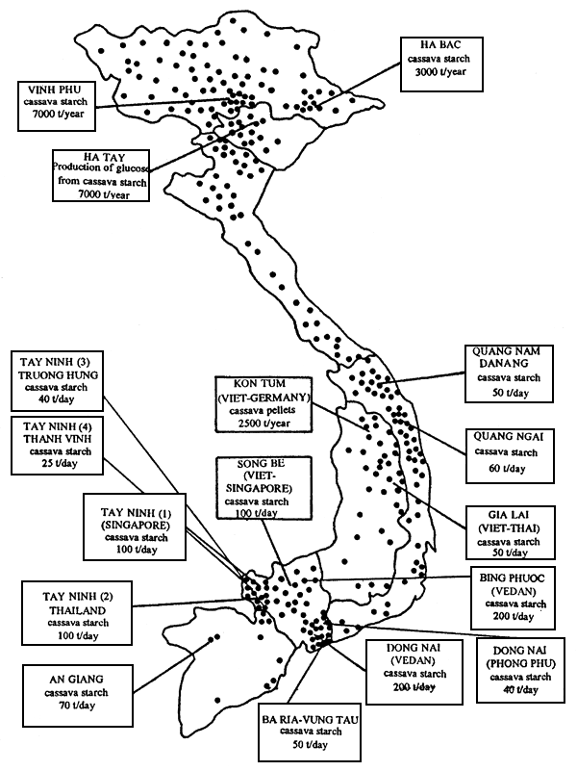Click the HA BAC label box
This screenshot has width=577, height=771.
coord(441,64)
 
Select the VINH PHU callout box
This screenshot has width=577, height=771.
coord(57,106)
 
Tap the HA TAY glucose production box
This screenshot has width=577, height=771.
coord(101,175)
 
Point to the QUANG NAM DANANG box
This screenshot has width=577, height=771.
coord(510,373)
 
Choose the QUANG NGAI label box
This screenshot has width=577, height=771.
coord(510,455)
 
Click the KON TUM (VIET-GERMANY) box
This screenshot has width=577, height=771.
coord(263,404)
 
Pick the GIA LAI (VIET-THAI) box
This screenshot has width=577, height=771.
coord(511,532)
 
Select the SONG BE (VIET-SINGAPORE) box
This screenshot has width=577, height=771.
coord(263,487)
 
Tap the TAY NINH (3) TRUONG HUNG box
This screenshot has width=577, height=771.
coord(57,381)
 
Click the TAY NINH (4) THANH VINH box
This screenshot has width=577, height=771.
coord(57,446)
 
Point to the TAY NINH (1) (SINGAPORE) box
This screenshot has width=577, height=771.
coord(135,527)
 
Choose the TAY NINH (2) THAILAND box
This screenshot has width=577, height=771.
coord(77,613)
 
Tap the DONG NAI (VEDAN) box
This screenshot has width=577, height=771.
coord(414,672)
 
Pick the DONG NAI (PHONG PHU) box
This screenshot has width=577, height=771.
coord(520,670)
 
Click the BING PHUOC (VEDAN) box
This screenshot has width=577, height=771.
coord(514,598)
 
